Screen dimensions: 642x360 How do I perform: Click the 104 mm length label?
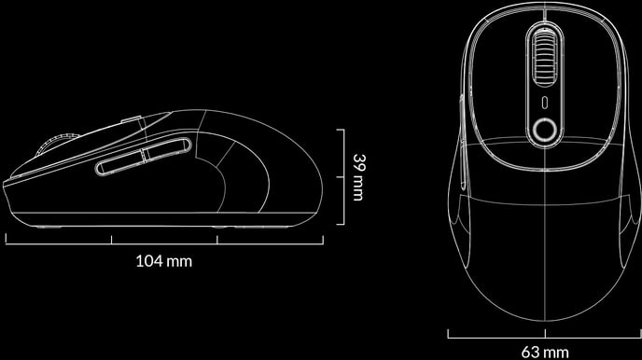pos(164,260)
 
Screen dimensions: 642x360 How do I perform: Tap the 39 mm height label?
pos(358,177)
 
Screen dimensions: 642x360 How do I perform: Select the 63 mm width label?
pos(545,352)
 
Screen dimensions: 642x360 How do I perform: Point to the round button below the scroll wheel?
pos(545,130)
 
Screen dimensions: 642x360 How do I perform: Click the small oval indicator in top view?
pos(545,103)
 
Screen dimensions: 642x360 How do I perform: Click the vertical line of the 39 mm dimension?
pos(343,176)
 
